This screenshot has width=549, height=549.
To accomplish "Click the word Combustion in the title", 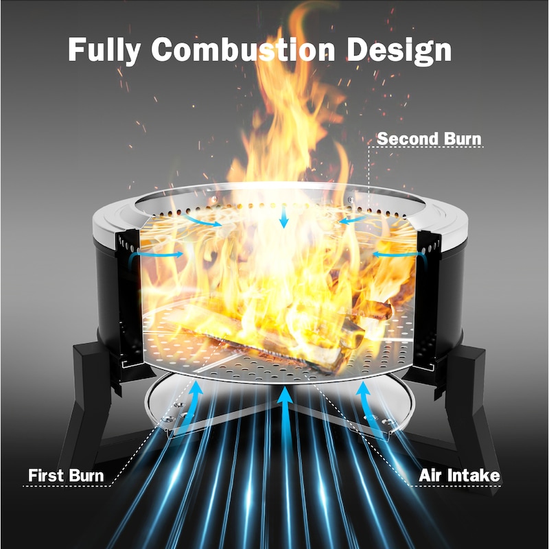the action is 244,49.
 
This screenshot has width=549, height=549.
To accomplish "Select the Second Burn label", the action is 430,139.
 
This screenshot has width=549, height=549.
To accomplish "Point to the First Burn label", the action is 66,476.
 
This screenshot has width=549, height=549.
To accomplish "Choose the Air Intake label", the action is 459,476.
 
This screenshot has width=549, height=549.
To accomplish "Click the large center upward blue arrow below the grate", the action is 286,420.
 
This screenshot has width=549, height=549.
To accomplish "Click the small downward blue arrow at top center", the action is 283,217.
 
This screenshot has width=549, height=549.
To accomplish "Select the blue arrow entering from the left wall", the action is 158,255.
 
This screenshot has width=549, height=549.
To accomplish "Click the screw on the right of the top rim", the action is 351,200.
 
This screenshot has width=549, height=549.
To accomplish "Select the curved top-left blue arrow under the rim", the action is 203,220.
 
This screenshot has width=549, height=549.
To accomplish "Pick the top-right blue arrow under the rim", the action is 353,220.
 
